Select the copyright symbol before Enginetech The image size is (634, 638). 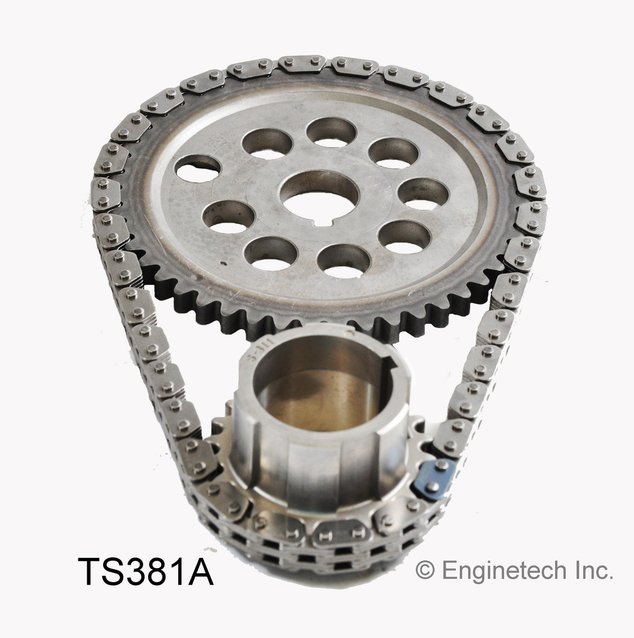click(424, 572)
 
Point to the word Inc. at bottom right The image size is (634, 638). click(594, 571)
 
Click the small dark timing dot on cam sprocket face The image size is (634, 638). click(223, 263)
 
